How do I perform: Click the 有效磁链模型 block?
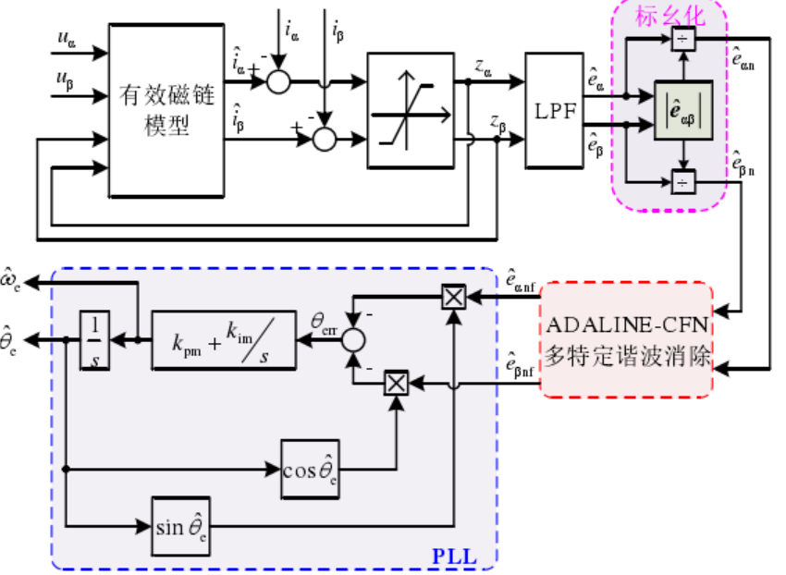click(166, 110)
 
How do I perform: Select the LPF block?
click(555, 110)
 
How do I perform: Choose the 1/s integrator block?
click(93, 340)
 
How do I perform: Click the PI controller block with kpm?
click(222, 340)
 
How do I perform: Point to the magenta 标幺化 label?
click(669, 16)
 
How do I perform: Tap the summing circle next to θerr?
click(352, 339)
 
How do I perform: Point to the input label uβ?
click(66, 80)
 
